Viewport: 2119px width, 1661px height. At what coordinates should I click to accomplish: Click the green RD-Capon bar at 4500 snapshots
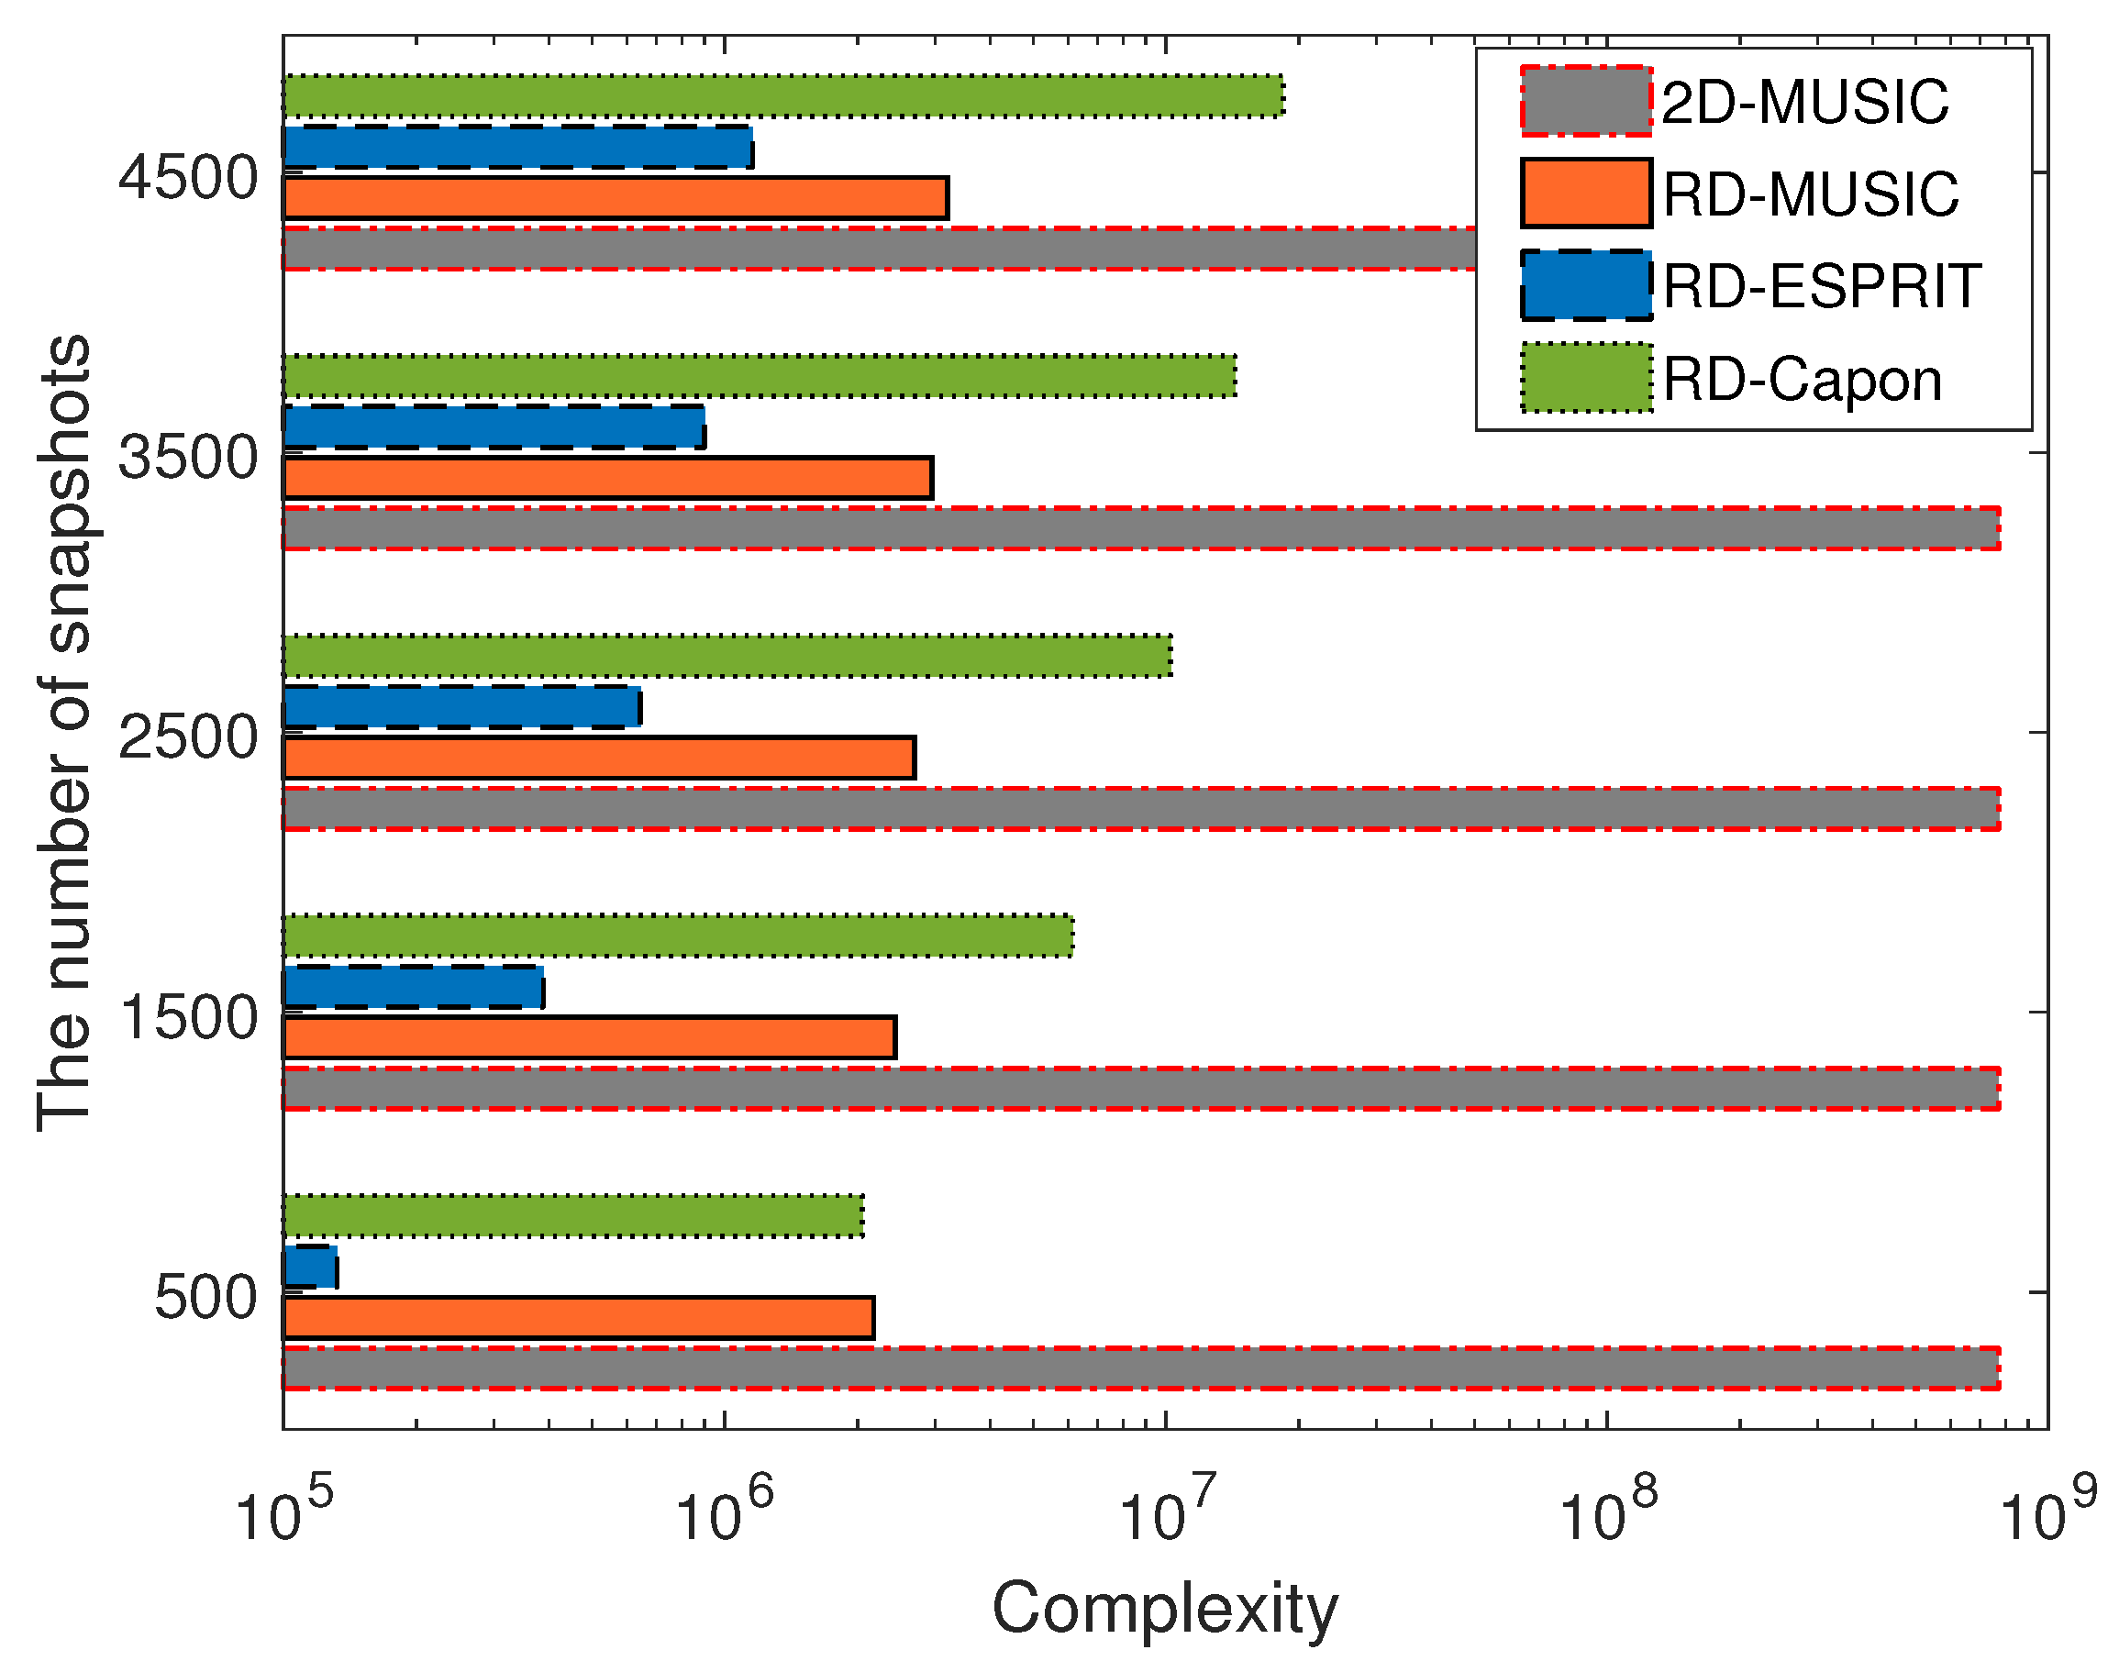click(x=782, y=96)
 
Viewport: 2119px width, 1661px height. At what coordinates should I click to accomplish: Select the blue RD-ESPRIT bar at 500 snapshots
click(x=310, y=1268)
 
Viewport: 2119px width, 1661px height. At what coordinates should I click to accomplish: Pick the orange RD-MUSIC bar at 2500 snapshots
click(x=599, y=758)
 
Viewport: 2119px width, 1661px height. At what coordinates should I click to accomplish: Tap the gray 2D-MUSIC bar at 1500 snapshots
click(x=1139, y=1088)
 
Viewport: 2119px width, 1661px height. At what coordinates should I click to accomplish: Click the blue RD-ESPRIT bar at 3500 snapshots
click(x=494, y=426)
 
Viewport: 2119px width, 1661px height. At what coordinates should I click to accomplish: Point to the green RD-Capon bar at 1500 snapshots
click(x=678, y=936)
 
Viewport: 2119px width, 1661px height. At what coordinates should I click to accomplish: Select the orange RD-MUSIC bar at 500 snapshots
click(x=579, y=1318)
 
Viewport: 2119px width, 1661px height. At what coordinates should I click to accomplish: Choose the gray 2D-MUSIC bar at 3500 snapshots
click(x=1139, y=529)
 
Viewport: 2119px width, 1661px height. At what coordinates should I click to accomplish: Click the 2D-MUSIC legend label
click(x=1804, y=102)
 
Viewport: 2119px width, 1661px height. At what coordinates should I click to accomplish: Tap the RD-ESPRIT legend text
click(x=1822, y=287)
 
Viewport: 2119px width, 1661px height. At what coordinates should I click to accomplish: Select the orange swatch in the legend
click(x=1586, y=194)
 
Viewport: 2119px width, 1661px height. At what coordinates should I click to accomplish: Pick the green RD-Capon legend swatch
click(x=1586, y=378)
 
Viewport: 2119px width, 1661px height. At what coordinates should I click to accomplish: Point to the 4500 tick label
click(x=188, y=178)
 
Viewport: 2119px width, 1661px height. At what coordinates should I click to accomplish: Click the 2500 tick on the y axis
click(x=188, y=737)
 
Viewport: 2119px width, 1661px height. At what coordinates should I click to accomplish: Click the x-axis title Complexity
click(x=1164, y=1610)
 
